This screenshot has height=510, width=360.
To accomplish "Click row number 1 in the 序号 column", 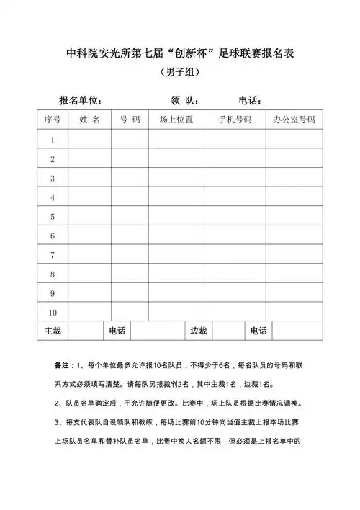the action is click(x=53, y=139).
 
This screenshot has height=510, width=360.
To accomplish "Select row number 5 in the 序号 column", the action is click(x=53, y=216).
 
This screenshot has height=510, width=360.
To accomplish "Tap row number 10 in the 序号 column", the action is click(x=53, y=312).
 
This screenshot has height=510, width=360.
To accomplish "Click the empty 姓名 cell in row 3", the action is click(x=90, y=177).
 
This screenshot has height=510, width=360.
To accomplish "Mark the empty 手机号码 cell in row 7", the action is click(x=235, y=254).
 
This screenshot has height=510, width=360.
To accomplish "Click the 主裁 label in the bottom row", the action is click(x=53, y=331).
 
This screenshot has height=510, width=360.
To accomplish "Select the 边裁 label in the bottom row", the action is click(x=198, y=331).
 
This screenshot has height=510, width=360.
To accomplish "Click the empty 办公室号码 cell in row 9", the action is click(x=294, y=293).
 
